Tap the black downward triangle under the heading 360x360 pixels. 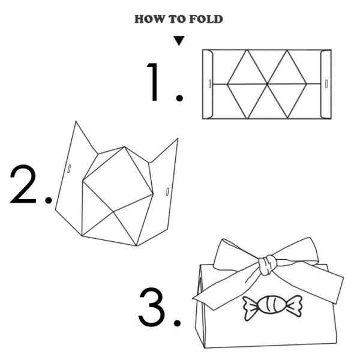(x=179, y=41)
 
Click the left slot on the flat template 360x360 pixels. (x=209, y=83)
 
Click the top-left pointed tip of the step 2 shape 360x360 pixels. (x=76, y=123)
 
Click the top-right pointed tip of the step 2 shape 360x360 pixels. (x=178, y=139)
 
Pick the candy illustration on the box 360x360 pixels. (x=272, y=306)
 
